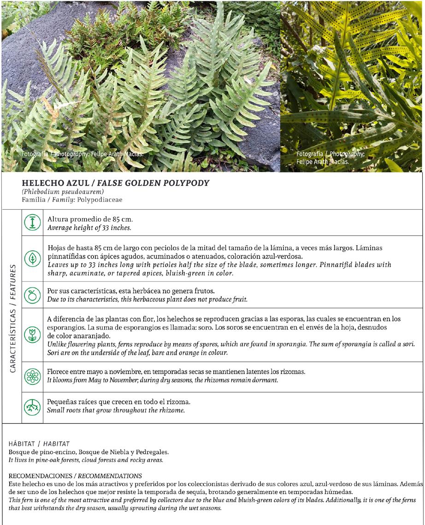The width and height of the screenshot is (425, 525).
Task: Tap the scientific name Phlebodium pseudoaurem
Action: [x=62, y=192]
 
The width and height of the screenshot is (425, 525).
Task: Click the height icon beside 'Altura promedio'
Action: [x=32, y=223]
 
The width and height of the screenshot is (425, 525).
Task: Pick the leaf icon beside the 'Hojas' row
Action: [x=32, y=258]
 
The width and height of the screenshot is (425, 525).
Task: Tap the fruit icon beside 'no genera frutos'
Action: [x=32, y=295]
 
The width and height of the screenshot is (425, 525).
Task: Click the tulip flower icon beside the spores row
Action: [x=32, y=335]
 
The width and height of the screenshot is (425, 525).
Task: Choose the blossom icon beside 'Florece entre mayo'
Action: [x=32, y=376]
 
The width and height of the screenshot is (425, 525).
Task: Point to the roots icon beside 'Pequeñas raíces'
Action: [x=32, y=407]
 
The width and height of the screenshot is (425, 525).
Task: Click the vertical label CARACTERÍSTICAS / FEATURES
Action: [x=12, y=318]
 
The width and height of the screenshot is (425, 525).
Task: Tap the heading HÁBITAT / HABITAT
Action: [x=39, y=443]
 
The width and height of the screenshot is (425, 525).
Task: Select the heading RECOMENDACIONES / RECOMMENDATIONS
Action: [x=75, y=475]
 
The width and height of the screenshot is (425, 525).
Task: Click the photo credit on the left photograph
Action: [x=82, y=154]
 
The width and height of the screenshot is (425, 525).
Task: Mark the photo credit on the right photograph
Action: [x=330, y=158]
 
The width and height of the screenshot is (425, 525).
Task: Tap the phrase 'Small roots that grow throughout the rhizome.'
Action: [x=116, y=410]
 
